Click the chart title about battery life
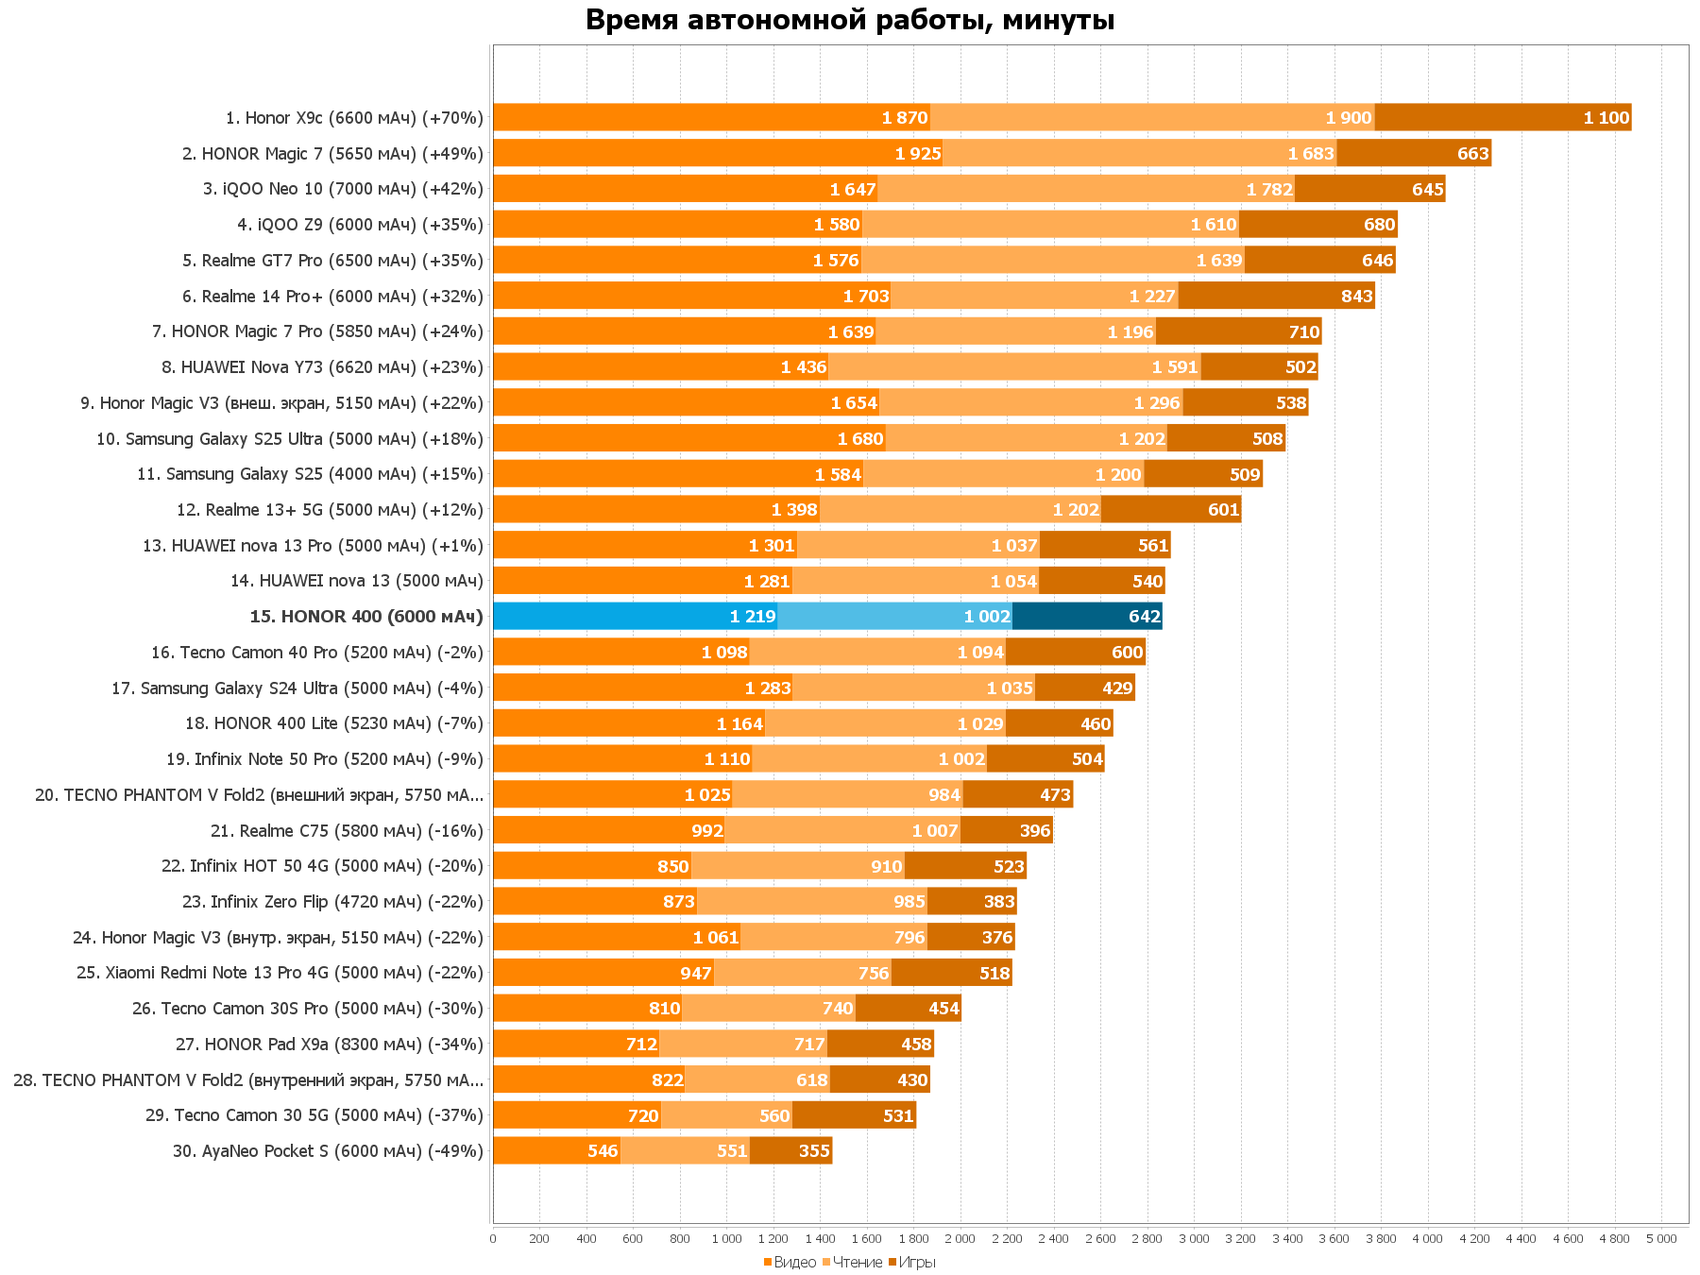click(x=850, y=20)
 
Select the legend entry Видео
click(x=794, y=1262)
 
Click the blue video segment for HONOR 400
click(x=635, y=617)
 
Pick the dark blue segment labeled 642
click(x=1087, y=617)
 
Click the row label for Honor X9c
click(x=354, y=118)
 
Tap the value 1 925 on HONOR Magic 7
click(x=918, y=154)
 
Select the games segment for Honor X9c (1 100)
click(x=1503, y=118)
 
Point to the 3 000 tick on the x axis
click(x=1194, y=1238)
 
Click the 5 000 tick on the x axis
click(x=1661, y=1238)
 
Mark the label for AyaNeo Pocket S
click(x=328, y=1151)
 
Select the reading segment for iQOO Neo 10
click(x=1086, y=189)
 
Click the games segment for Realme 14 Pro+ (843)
click(x=1276, y=297)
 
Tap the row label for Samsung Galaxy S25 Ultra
click(x=289, y=439)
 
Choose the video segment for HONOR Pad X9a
click(x=576, y=1045)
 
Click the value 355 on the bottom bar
click(x=814, y=1151)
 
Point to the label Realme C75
click(x=347, y=831)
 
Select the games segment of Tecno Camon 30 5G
click(x=854, y=1115)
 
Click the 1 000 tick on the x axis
click(x=726, y=1238)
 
